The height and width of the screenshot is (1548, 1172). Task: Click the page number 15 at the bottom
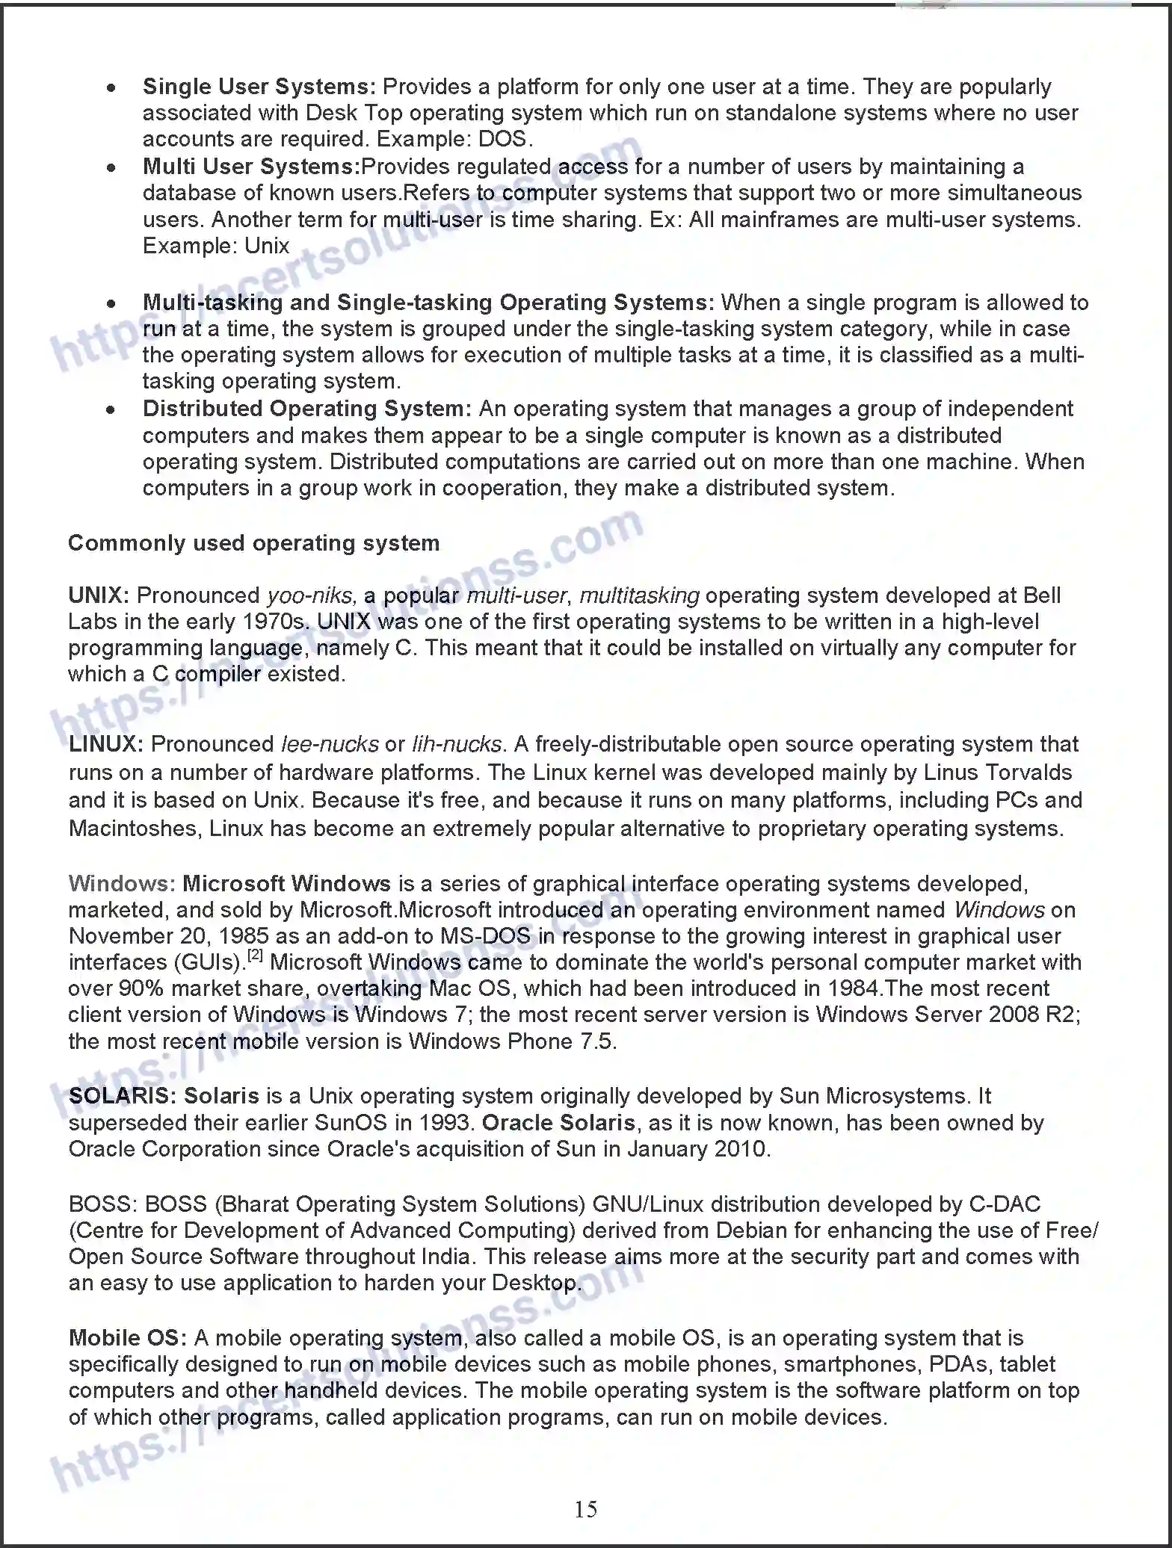click(585, 1509)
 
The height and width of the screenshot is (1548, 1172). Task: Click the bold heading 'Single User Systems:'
click(259, 87)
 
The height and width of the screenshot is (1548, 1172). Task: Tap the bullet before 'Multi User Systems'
click(111, 167)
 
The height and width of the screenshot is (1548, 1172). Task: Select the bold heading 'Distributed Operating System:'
click(306, 409)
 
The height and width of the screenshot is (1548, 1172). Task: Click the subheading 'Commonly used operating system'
click(253, 543)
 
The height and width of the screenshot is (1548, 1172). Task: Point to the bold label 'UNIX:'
click(99, 595)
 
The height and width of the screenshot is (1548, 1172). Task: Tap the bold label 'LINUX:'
click(105, 744)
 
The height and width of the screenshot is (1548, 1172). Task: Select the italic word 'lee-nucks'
click(330, 744)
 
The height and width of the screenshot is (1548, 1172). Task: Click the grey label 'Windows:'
click(122, 884)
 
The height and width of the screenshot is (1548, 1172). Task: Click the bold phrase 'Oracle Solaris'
click(558, 1123)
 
